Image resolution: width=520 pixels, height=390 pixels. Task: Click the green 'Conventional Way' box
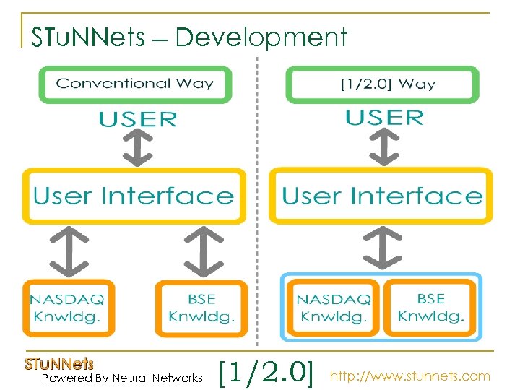click(x=135, y=83)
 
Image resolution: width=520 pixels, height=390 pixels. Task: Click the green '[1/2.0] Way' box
click(x=382, y=83)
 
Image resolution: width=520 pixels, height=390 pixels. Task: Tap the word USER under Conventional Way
click(x=138, y=118)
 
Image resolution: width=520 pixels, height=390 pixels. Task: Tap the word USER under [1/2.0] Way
click(x=384, y=117)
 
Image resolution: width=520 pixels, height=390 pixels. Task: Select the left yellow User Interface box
click(x=134, y=196)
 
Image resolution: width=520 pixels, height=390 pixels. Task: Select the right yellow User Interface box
click(x=381, y=196)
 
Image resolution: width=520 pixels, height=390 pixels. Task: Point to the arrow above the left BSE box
click(x=202, y=249)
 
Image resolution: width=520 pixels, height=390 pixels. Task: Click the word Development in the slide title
click(x=261, y=37)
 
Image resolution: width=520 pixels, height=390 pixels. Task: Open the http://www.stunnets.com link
click(x=409, y=376)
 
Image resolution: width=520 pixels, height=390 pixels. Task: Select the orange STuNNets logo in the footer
click(x=59, y=364)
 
